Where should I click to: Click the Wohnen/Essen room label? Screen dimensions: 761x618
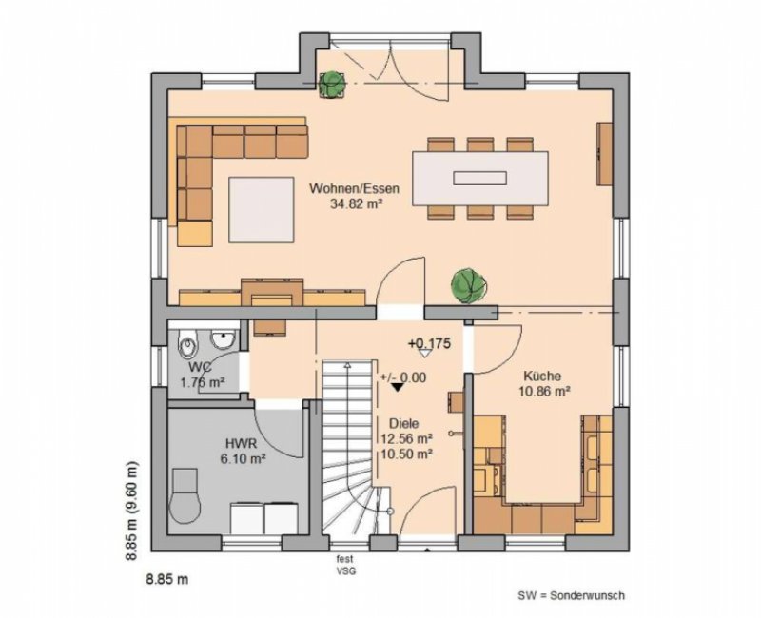pyautogui.click(x=354, y=188)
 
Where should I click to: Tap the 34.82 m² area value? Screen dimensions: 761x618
pyautogui.click(x=355, y=203)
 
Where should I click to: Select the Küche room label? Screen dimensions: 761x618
pyautogui.click(x=542, y=376)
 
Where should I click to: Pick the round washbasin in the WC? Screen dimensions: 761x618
pyautogui.click(x=223, y=339)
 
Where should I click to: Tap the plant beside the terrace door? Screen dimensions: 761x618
pyautogui.click(x=332, y=84)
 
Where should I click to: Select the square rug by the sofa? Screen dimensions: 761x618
pyautogui.click(x=262, y=209)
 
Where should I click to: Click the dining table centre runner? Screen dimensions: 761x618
pyautogui.click(x=480, y=178)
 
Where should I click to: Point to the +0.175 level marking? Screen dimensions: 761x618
pyautogui.click(x=429, y=343)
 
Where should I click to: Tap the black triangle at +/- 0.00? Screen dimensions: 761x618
pyautogui.click(x=398, y=387)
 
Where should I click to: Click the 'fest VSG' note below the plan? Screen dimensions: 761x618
pyautogui.click(x=346, y=565)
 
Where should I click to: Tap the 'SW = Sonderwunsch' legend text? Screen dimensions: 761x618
pyautogui.click(x=572, y=596)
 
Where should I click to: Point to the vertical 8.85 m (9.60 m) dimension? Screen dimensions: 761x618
pyautogui.click(x=131, y=511)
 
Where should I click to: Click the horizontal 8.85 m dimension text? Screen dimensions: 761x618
pyautogui.click(x=167, y=579)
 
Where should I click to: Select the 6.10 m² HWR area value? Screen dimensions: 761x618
pyautogui.click(x=244, y=458)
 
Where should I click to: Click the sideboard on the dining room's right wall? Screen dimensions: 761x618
pyautogui.click(x=605, y=153)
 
